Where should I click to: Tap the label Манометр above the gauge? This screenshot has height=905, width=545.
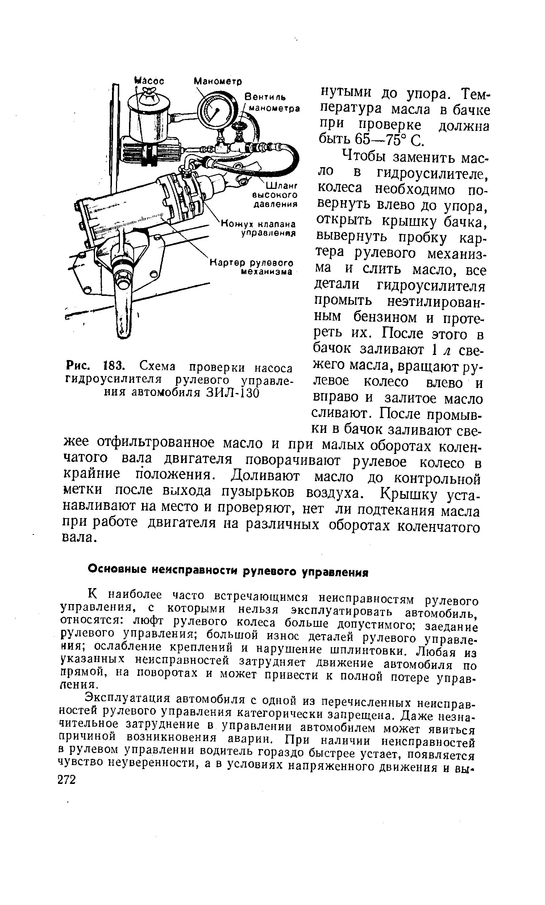pos(217,80)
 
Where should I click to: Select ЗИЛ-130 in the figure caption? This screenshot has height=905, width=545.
pos(233,393)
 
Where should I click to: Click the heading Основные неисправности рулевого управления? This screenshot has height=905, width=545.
pos(228,571)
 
